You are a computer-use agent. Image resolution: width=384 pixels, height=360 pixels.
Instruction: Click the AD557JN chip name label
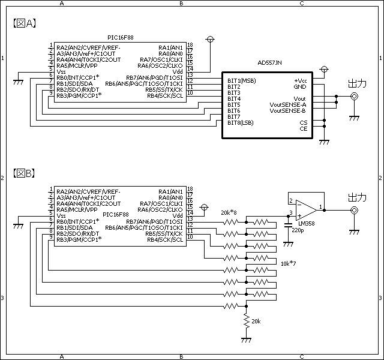coord(269,62)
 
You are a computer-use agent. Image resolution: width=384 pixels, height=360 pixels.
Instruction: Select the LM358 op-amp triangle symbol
coord(306,211)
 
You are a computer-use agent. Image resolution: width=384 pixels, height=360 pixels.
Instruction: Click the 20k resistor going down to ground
coord(247,321)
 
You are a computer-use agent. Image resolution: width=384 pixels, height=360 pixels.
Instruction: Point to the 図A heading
coord(25,23)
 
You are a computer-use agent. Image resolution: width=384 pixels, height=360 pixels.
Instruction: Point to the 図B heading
coord(24,173)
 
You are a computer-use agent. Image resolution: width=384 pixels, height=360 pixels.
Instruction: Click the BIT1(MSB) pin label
coord(241,80)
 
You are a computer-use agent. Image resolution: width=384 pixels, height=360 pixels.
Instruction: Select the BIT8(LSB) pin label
coord(240,122)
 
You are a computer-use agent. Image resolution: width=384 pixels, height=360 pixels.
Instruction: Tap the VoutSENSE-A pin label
coord(288,104)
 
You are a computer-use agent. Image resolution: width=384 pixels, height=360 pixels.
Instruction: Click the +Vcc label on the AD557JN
coord(300,80)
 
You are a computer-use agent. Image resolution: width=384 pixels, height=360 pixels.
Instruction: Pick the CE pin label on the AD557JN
coord(304,128)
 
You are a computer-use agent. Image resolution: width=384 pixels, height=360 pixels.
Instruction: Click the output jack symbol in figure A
coord(354,96)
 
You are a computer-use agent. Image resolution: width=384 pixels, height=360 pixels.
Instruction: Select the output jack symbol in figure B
coord(354,210)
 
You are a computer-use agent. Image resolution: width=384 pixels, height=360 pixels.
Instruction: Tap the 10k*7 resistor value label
coord(288,263)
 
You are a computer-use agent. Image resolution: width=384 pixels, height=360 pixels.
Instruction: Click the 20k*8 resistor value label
coord(229,212)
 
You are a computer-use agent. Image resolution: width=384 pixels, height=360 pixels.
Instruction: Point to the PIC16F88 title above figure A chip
coord(121,37)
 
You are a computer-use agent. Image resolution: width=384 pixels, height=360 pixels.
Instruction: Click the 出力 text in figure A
coord(358,83)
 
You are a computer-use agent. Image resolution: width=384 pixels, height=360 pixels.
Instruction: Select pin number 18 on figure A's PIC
coord(190,45)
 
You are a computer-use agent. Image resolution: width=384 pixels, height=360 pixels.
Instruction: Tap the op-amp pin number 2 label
coord(291,201)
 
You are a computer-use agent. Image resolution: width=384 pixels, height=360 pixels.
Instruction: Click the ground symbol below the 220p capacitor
coord(288,244)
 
